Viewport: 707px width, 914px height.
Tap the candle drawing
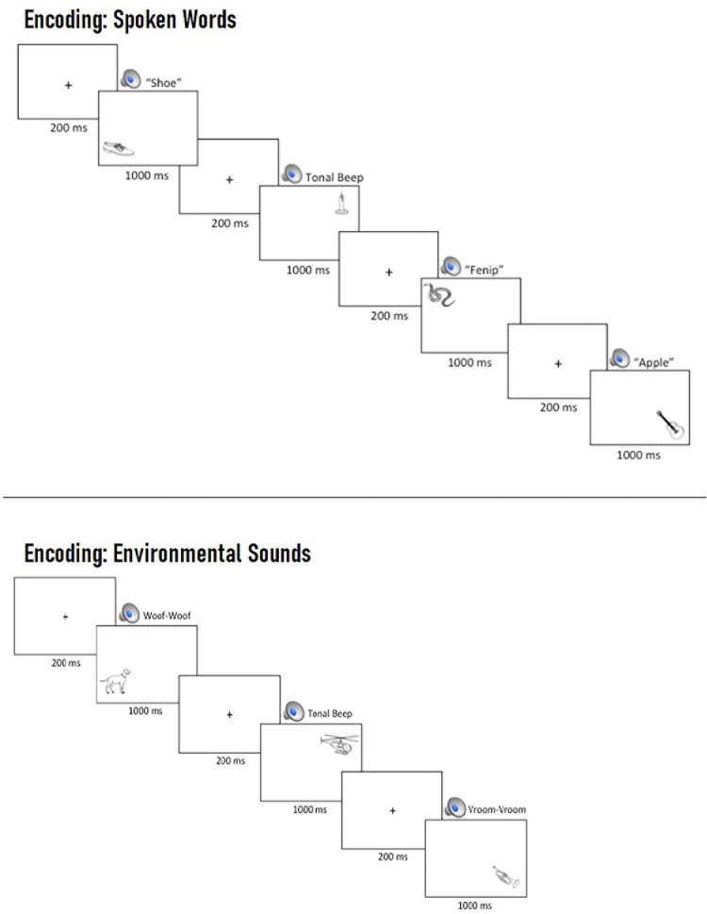pyautogui.click(x=339, y=205)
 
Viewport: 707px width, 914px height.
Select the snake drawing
pyautogui.click(x=440, y=296)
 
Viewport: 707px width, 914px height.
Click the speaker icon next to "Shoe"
pyautogui.click(x=130, y=79)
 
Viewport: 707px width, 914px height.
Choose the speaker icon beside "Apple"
pyautogui.click(x=620, y=359)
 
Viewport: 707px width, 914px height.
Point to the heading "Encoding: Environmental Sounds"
pyautogui.click(x=168, y=553)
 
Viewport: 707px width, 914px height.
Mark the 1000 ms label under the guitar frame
pyautogui.click(x=638, y=456)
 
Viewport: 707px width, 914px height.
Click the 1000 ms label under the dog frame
pyautogui.click(x=145, y=710)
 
